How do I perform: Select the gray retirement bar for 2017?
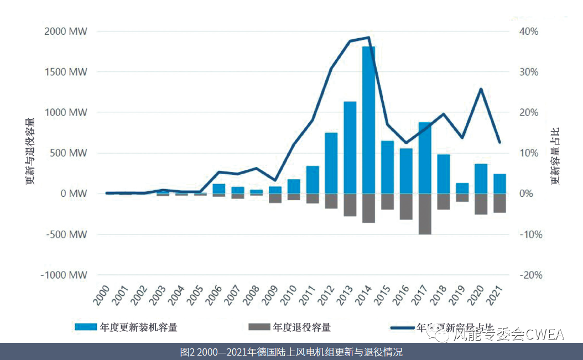pos(425,214)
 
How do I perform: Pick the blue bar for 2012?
pos(331,163)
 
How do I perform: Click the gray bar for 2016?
pos(406,206)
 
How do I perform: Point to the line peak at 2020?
pos(481,89)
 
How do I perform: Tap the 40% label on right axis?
pos(528,32)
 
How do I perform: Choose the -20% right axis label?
pos(528,275)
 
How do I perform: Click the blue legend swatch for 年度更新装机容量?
pos(86,327)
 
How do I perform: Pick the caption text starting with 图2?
pos(291,352)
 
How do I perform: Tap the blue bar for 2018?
pos(444,174)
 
